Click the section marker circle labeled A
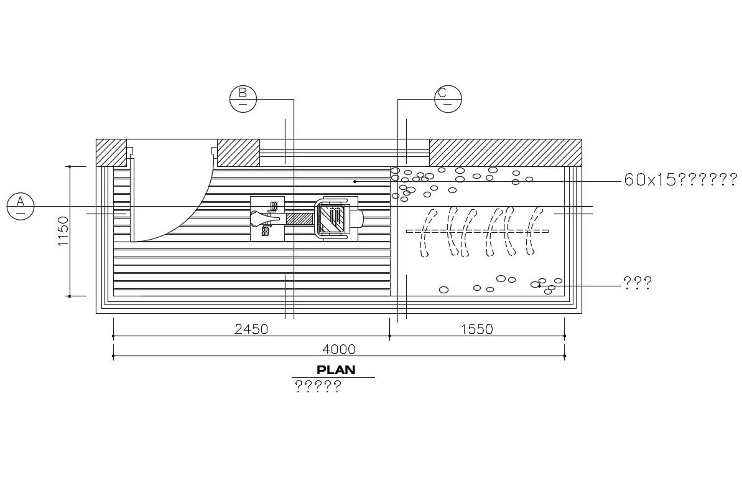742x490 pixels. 21,206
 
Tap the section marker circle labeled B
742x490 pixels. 243,99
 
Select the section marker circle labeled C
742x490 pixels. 448,99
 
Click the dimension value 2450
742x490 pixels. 251,329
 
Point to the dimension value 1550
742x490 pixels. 476,329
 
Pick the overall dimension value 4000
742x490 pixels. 339,349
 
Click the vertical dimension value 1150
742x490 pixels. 63,231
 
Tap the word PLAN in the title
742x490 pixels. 336,370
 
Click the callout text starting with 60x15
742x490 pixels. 680,179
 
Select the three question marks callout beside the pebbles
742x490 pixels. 638,283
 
